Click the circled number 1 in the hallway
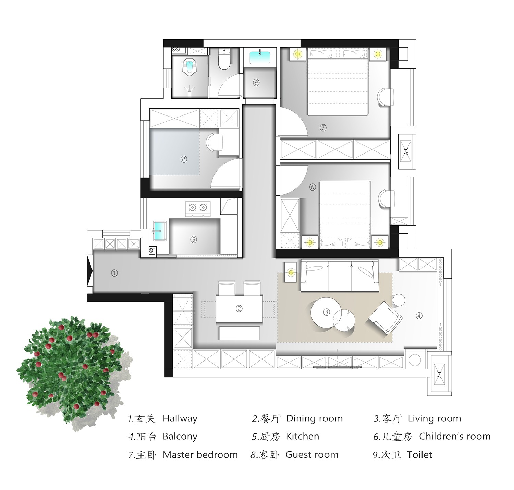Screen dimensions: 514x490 tap(114, 273)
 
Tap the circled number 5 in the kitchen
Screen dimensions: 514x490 tap(194, 239)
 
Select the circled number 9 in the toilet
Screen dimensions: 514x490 tap(256, 83)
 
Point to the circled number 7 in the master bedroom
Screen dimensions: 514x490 tap(323, 128)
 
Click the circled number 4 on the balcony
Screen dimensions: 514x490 tap(419, 316)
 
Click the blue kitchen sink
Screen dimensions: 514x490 tap(160, 231)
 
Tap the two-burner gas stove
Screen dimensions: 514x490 tap(198, 209)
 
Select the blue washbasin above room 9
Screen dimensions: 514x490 tap(260, 58)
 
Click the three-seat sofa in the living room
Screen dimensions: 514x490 tap(340, 275)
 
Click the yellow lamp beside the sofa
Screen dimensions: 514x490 tap(291, 272)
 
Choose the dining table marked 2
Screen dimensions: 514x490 tap(239, 309)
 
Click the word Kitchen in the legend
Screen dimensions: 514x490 tap(303, 437)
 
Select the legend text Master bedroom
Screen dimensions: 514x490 tap(200, 455)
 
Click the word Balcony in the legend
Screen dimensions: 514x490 tap(180, 437)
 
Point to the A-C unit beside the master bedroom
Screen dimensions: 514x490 tap(406, 151)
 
